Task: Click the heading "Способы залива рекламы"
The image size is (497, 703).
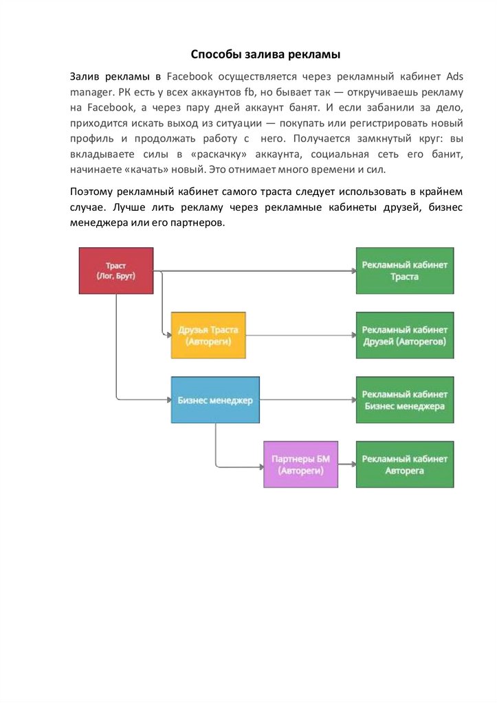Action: point(265,54)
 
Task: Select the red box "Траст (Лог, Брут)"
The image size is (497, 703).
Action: point(115,270)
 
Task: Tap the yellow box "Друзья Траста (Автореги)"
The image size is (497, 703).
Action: point(208,335)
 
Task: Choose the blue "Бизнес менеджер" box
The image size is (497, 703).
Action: point(215,400)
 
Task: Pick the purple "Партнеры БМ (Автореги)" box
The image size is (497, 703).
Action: point(300,465)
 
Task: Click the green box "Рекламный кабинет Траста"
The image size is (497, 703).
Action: point(405,270)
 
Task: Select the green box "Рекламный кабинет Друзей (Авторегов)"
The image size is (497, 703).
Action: point(405,335)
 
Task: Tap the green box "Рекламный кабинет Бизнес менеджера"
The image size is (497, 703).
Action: point(405,400)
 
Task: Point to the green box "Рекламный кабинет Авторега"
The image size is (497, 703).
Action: point(405,465)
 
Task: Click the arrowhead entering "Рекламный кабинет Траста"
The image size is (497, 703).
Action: point(352,270)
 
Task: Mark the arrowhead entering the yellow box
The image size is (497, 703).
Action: point(167,335)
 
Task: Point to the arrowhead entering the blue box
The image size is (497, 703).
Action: point(167,400)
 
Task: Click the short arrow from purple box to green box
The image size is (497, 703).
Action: point(347,465)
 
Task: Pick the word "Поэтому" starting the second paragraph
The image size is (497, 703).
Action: point(93,190)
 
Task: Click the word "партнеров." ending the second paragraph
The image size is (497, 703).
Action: point(200,223)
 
